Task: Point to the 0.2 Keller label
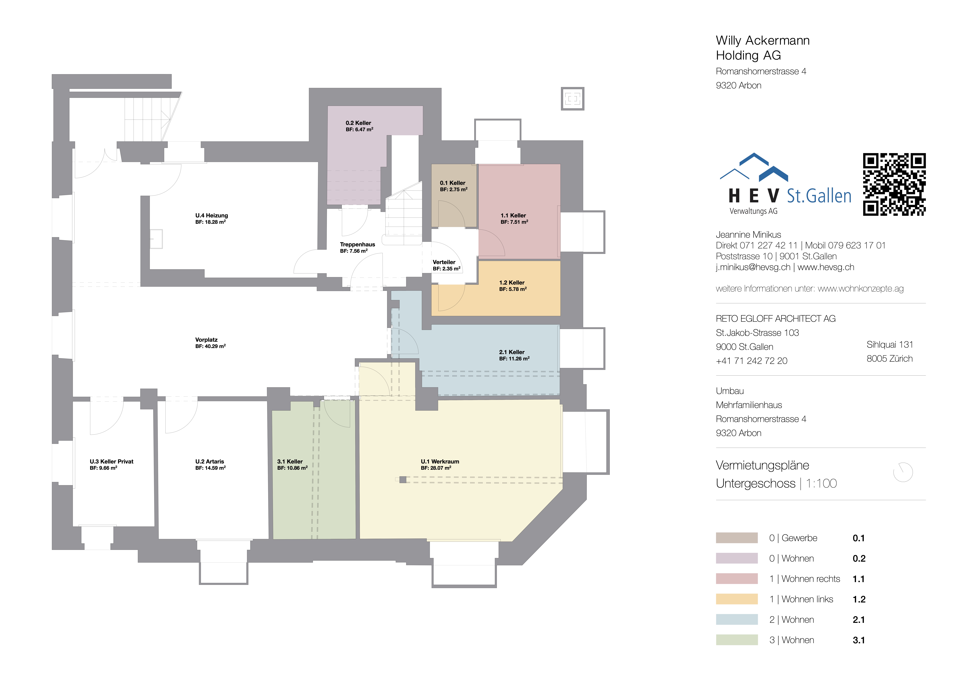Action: point(358,123)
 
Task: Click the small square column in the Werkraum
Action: point(403,480)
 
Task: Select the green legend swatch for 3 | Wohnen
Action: point(736,640)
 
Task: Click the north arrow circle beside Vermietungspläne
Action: point(903,472)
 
